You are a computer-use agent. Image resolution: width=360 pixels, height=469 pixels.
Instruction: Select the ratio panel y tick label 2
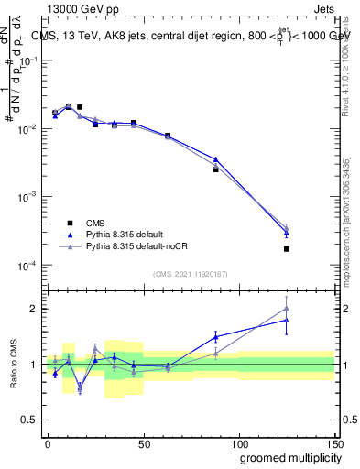tap(35, 308)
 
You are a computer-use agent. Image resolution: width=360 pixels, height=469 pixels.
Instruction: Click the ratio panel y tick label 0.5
tap(31, 420)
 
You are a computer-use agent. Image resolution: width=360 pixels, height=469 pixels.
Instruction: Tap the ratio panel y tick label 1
tap(35, 365)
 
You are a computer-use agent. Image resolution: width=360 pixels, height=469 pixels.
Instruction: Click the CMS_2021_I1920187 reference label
tap(190, 273)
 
